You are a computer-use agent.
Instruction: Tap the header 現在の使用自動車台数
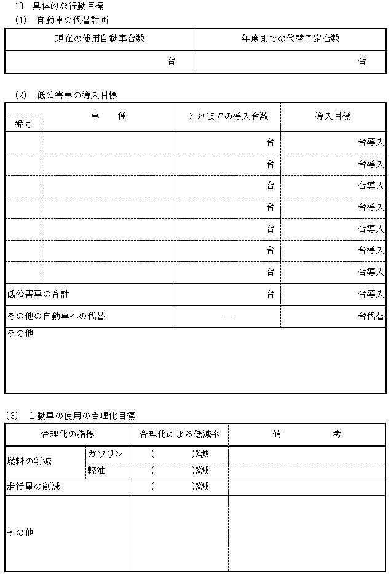click(x=100, y=38)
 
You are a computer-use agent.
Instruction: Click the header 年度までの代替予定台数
click(x=290, y=38)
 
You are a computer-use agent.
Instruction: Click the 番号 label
click(x=24, y=124)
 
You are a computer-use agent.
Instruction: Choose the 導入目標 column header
click(x=333, y=116)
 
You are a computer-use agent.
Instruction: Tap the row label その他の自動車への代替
click(x=55, y=316)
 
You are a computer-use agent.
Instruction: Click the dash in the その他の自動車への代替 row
click(x=227, y=316)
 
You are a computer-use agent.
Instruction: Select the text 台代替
click(x=371, y=316)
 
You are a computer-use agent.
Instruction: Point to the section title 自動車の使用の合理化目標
click(x=82, y=416)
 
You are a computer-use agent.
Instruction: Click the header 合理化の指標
click(x=67, y=434)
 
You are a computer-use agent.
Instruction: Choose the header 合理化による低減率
click(x=179, y=434)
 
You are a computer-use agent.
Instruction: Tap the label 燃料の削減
click(x=29, y=462)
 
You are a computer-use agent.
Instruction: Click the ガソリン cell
click(x=106, y=454)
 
